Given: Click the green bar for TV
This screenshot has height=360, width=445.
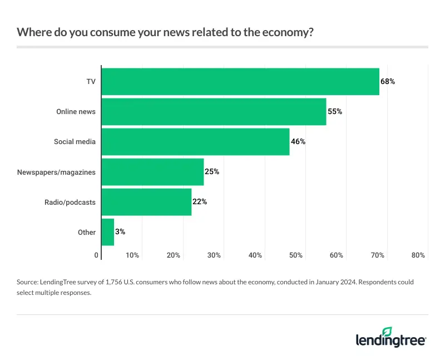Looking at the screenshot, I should click(240, 81).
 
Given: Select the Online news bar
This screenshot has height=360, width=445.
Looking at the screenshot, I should click(214, 111).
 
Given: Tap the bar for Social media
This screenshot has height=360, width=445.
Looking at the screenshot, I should click(195, 141).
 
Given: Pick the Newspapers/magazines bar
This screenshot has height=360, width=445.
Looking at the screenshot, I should click(152, 172).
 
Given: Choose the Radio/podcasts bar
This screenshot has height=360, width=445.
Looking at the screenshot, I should click(146, 202).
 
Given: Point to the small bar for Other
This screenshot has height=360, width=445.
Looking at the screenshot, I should click(107, 232).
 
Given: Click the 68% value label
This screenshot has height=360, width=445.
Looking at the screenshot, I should click(388, 81).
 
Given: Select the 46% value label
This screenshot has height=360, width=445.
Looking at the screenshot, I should click(298, 141).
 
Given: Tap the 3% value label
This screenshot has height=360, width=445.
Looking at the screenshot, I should click(120, 232).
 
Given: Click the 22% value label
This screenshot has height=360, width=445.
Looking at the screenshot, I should click(200, 202).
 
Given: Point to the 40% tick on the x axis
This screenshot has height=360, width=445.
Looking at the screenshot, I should click(255, 255).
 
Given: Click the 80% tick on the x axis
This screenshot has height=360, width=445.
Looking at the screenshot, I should click(418, 255).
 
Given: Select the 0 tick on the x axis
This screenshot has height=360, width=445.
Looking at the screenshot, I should click(96, 255).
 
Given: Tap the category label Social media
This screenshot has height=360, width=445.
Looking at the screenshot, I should click(75, 141).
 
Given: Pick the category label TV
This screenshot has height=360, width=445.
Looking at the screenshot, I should click(91, 81).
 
